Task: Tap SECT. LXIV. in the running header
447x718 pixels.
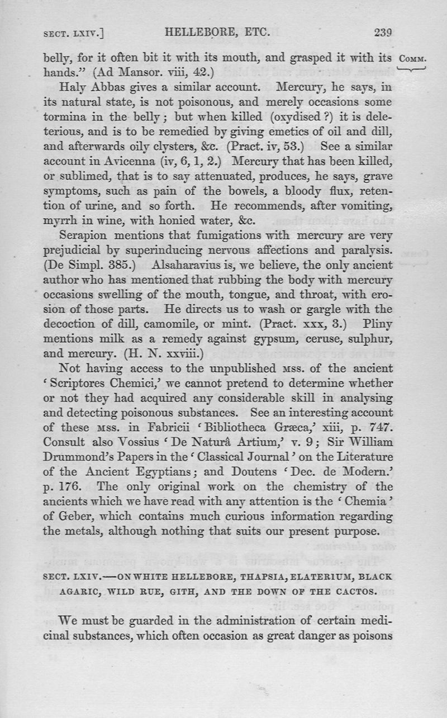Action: [75, 34]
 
